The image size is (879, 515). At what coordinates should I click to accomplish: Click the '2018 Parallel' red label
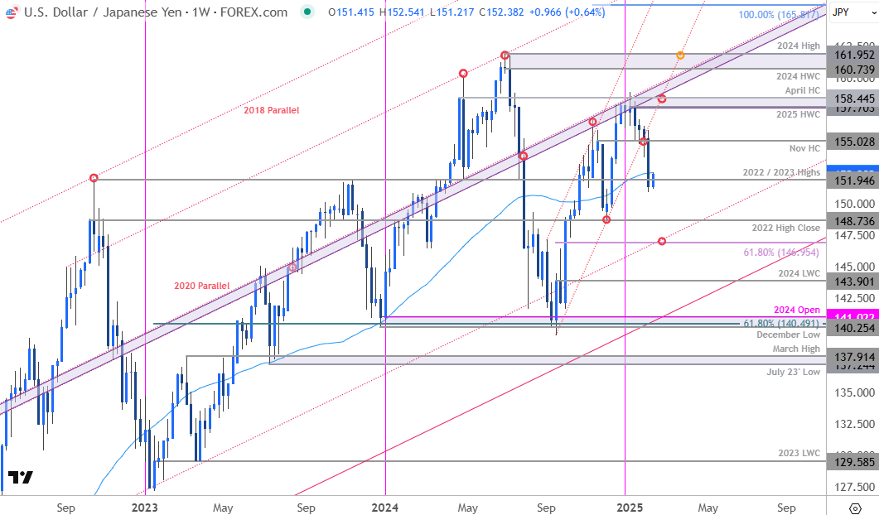[x=271, y=110]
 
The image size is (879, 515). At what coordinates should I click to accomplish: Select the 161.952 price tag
[x=852, y=54]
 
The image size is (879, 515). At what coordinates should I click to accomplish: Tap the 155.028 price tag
[x=852, y=142]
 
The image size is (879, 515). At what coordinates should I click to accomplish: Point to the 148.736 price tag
[x=852, y=221]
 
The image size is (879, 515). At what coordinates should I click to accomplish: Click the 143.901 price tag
[x=852, y=281]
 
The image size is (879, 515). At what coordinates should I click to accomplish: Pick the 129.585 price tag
[x=852, y=462]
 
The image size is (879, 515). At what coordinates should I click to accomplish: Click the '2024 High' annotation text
[x=799, y=46]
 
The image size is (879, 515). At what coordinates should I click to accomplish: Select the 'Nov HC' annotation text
[x=805, y=147]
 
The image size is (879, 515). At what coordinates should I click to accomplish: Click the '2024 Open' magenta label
[x=797, y=310]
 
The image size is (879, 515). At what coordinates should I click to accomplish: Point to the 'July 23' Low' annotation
[x=794, y=372]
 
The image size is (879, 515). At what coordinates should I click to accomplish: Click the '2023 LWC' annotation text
[x=798, y=453]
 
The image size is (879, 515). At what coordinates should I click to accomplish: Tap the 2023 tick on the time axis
[x=144, y=507]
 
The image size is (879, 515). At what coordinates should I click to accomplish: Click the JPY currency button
[x=841, y=12]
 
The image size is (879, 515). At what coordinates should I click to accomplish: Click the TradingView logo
[x=20, y=478]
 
